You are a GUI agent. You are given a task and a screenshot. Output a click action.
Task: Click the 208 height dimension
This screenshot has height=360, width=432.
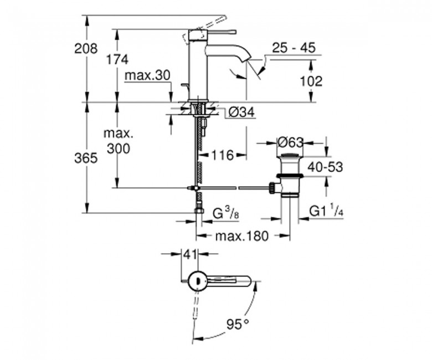tap(86, 49)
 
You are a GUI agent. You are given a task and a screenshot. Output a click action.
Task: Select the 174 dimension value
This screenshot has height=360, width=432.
tap(117, 59)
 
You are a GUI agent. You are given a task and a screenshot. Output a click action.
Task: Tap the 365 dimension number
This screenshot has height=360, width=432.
tap(86, 158)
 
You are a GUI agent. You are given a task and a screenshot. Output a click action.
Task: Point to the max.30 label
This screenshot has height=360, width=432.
tap(147, 75)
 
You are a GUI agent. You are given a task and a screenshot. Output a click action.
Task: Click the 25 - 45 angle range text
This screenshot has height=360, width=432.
tap(294, 48)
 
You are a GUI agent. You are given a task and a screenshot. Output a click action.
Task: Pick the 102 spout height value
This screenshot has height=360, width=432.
tap(311, 81)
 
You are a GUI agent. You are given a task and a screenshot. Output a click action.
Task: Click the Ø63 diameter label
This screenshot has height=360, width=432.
tap(290, 142)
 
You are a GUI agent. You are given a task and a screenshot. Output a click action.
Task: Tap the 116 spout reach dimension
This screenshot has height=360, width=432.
tap(223, 155)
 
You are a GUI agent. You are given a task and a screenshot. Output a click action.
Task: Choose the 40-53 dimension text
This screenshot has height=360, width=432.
tap(325, 167)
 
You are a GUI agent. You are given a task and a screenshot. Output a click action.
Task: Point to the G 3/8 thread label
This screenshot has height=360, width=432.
tap(226, 213)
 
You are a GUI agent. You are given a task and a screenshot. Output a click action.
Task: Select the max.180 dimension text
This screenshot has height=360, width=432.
tap(241, 236)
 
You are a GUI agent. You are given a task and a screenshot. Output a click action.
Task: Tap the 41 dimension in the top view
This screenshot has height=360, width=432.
tap(191, 255)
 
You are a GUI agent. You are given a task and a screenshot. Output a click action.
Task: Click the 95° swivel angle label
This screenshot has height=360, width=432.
tap(238, 324)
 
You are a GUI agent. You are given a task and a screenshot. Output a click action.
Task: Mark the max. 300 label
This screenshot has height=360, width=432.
tap(119, 141)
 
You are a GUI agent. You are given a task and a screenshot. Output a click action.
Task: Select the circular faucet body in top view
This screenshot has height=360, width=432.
tap(197, 281)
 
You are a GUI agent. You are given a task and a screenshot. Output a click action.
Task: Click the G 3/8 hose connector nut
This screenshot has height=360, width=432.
tap(198, 210)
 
